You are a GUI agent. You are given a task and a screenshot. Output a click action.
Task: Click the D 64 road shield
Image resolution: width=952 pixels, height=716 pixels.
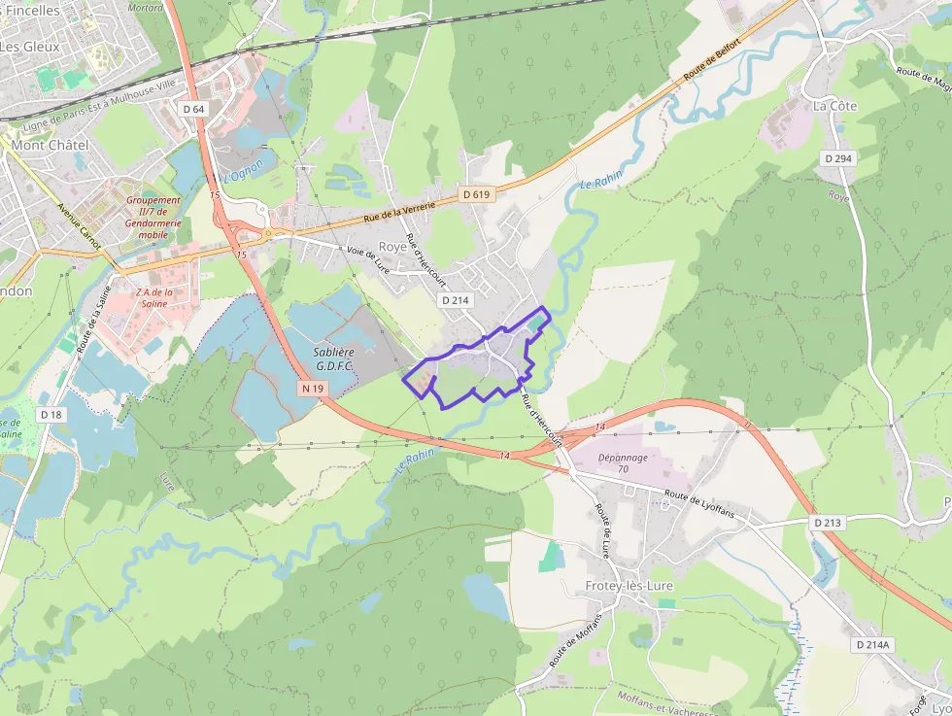[193, 109]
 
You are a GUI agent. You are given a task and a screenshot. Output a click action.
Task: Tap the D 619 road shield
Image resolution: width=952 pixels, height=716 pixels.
[477, 194]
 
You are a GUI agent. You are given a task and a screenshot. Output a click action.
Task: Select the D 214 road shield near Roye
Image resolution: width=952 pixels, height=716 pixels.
[455, 300]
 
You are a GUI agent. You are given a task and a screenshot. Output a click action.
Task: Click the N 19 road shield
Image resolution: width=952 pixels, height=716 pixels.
[312, 389]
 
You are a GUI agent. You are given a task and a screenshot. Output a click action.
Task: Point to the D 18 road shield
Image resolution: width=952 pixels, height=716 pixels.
[51, 414]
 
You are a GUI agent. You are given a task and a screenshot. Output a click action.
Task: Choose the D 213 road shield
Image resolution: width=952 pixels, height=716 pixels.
[827, 523]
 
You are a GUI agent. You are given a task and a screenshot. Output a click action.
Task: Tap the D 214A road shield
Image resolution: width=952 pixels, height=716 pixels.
[873, 645]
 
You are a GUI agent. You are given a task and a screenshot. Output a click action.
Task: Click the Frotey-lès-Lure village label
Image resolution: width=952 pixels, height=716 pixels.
[629, 586]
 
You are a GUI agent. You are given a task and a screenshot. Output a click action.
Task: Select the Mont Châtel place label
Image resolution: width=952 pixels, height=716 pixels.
[51, 145]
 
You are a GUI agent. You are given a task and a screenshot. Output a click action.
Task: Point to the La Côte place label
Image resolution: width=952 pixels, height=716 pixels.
[835, 105]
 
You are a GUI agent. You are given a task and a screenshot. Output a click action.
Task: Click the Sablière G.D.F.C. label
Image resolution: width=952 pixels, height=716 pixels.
[334, 358]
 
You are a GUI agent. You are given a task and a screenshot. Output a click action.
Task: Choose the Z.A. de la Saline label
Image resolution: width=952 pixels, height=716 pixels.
[154, 297]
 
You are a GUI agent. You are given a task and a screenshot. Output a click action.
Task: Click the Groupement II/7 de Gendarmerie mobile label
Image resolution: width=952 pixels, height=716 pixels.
[153, 218]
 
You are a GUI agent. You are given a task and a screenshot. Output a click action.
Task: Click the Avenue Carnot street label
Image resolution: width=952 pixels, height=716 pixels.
[79, 226]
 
